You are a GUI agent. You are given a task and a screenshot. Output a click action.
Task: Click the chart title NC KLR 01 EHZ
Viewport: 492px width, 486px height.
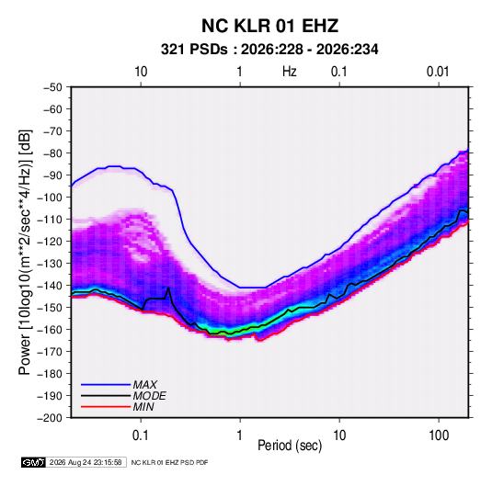pos(269,26)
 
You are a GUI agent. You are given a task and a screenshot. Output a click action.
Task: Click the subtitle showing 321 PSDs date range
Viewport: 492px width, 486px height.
pos(269,50)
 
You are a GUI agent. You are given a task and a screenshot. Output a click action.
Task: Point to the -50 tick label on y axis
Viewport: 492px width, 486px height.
pos(52,87)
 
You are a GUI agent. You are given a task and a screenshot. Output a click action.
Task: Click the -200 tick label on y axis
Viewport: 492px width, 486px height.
pos(50,418)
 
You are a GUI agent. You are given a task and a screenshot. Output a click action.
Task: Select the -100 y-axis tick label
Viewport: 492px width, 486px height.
pos(50,198)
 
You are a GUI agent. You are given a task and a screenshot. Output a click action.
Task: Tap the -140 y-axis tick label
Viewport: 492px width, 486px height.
pos(50,286)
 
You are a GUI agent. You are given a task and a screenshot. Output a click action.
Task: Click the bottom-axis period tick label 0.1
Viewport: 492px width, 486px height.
pos(141,435)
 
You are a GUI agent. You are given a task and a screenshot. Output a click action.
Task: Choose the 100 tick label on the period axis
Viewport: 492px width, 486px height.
pos(439,435)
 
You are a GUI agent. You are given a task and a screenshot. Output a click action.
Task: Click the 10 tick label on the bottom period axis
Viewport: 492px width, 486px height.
pos(339,435)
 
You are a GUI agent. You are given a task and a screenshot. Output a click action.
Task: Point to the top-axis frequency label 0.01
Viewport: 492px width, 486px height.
pos(438,72)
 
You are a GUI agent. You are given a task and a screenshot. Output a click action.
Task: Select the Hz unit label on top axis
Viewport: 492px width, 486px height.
pos(290,72)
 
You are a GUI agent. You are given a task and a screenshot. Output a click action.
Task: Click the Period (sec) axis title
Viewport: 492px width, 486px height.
pos(290,446)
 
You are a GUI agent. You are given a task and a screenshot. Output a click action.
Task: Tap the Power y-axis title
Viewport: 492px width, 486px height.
pos(25,252)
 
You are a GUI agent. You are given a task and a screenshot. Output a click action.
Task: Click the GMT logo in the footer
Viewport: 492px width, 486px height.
pos(33,462)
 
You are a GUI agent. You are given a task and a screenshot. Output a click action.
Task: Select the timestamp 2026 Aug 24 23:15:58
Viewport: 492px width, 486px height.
pos(86,462)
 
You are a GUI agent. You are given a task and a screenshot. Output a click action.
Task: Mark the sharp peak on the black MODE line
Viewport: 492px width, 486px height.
pos(169,288)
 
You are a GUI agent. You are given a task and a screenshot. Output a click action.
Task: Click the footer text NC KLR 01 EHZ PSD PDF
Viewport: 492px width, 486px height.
pos(169,462)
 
